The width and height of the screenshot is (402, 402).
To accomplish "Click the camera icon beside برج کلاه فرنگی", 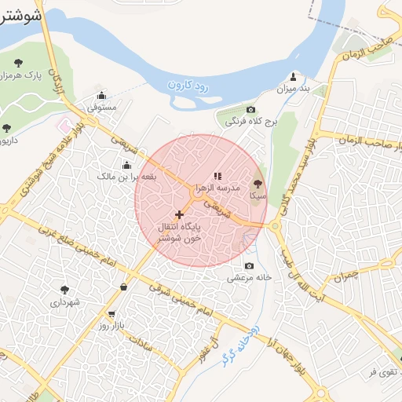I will point(250,110).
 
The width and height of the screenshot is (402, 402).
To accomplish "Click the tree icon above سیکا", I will point(258,181).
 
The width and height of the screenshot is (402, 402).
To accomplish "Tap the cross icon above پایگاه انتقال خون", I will point(180,214).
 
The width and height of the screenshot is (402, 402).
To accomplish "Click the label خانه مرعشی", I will point(250,277).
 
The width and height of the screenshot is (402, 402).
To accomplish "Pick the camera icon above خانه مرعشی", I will point(250,265).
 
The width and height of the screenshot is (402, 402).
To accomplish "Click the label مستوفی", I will point(100,106).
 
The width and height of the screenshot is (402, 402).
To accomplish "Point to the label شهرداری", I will point(65,301).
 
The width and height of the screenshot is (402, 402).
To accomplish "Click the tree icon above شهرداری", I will point(65,290).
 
